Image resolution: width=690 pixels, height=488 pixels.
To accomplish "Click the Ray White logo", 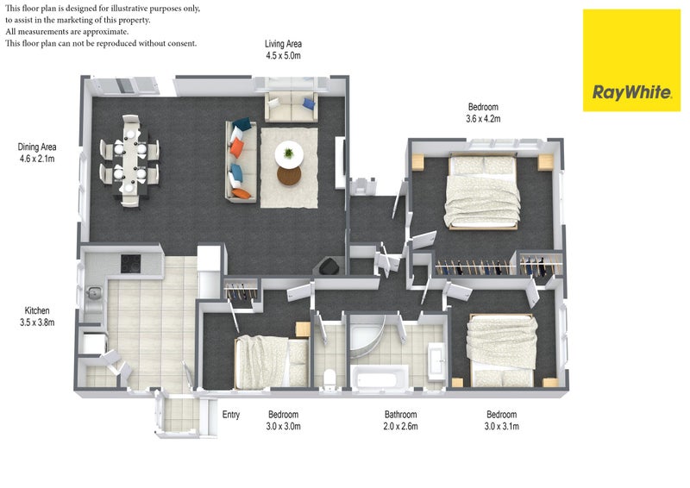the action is point(631,60).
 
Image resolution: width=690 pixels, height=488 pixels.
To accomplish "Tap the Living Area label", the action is point(283,50).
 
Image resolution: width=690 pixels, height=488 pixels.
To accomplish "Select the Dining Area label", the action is point(37,153).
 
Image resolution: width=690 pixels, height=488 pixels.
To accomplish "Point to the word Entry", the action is point(231,415).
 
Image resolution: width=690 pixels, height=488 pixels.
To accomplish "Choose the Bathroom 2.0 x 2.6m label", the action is point(400,420).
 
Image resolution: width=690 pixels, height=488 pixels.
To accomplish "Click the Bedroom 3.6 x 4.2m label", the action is point(483,113).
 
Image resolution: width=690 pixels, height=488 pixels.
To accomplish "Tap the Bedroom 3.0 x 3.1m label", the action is point(502,420).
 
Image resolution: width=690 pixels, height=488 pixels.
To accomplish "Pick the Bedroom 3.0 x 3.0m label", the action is point(284,420).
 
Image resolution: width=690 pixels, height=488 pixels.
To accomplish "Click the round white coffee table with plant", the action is point(289,154).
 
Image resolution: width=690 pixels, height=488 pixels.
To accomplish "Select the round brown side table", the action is point(289,176).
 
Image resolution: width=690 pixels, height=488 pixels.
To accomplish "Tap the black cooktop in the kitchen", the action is point(131,264).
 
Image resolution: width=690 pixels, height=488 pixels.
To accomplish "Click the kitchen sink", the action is point(94,292).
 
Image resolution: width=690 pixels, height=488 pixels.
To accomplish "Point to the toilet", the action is point(329,379).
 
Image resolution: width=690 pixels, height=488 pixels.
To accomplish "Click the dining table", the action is point(130,161).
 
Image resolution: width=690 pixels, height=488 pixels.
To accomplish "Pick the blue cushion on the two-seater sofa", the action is point(309,103).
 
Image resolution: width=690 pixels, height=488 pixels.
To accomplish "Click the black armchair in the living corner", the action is point(329,266).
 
